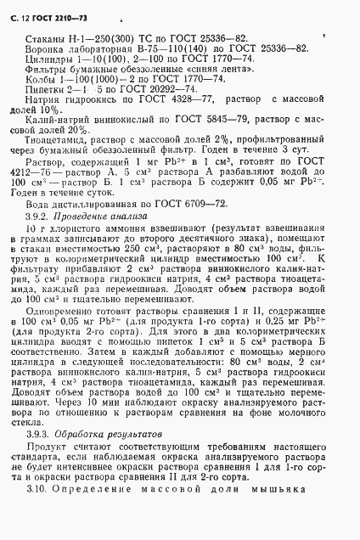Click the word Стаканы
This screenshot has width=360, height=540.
pyautogui.click(x=44, y=41)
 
